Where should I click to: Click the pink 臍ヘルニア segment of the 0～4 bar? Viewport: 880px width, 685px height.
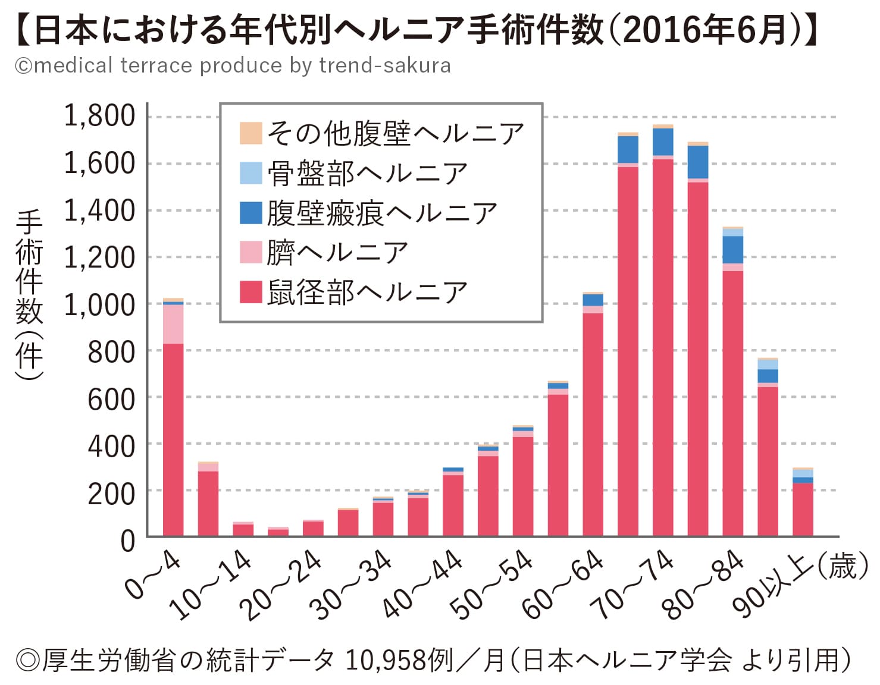click(x=173, y=324)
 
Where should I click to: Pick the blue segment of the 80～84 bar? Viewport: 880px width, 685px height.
click(x=732, y=250)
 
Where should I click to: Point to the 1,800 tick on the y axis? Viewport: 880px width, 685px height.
click(x=100, y=116)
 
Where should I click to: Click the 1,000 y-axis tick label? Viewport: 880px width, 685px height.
click(x=100, y=304)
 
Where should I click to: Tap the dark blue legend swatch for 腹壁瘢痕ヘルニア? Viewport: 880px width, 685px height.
click(x=250, y=213)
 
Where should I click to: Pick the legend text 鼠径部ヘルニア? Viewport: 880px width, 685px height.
click(x=367, y=292)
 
